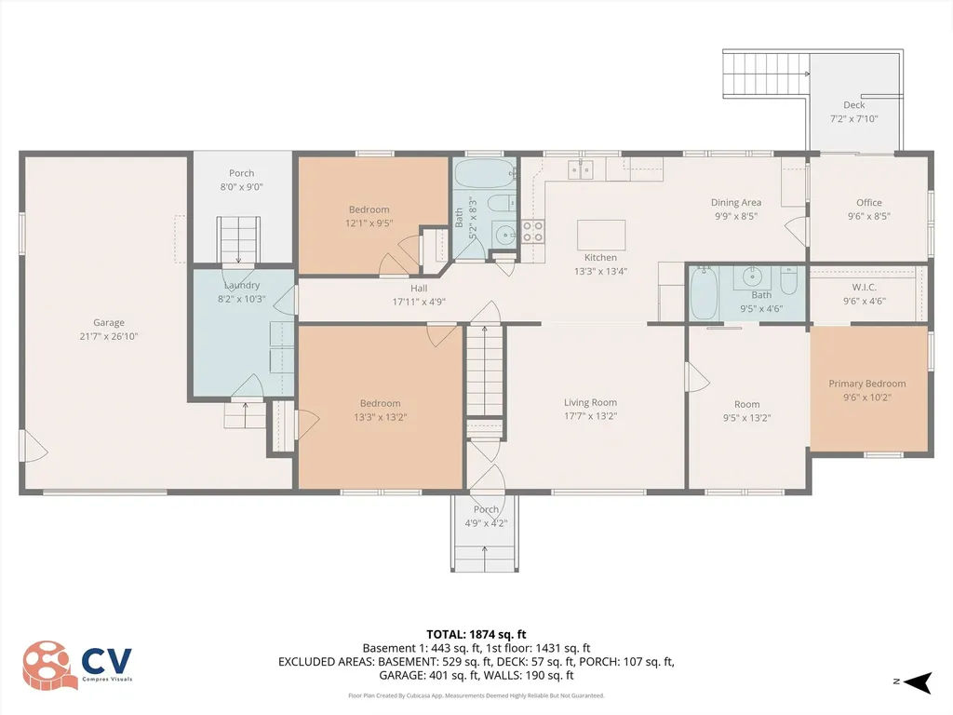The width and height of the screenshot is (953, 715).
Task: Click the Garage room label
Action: tap(109, 323)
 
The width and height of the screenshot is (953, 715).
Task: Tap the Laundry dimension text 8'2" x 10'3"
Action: tap(241, 299)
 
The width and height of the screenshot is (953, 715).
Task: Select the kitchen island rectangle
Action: tap(600, 232)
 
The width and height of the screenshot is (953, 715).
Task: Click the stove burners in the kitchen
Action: tap(532, 231)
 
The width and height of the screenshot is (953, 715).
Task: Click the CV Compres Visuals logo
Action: tap(78, 665)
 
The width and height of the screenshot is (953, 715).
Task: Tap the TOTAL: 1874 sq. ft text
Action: tap(476, 634)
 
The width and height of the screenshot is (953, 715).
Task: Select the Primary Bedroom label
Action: tap(866, 384)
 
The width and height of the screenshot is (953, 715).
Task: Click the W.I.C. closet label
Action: tap(865, 287)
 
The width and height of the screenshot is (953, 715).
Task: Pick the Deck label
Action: tap(853, 105)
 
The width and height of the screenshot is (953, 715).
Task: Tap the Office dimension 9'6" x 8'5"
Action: tap(868, 216)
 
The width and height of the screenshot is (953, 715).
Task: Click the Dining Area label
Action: tap(736, 202)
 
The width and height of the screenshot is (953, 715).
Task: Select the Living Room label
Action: tap(590, 402)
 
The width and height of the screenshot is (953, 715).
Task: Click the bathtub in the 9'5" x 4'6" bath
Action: tap(703, 292)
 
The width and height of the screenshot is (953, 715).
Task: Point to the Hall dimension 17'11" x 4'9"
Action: tap(419, 302)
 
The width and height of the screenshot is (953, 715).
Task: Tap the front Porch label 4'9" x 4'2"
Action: tap(486, 509)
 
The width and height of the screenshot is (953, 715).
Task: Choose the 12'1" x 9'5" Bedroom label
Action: tap(369, 209)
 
